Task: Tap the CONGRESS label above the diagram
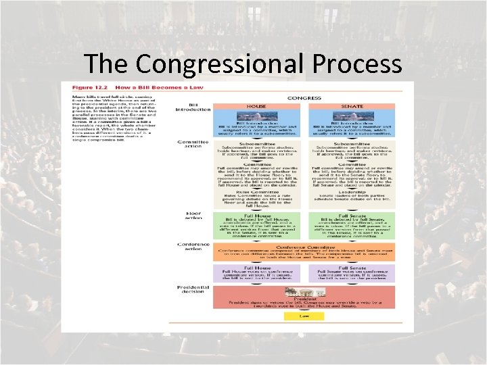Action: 304,98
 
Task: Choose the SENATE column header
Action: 352,107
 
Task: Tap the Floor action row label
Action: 194,216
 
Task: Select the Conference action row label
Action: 193,247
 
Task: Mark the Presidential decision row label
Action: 193,289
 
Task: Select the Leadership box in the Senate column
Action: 352,197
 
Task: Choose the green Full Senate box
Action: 352,226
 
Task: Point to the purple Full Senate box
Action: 352,273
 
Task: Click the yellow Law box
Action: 304,316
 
